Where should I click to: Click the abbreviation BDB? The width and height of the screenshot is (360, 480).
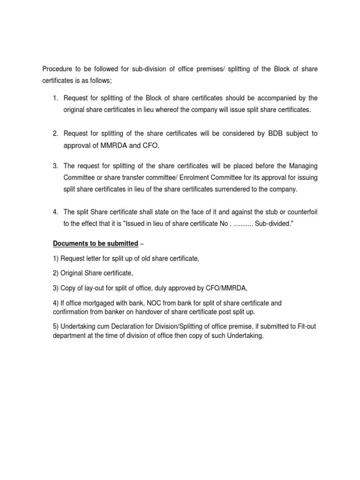click(x=276, y=134)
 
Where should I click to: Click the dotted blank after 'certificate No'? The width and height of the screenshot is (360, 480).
click(x=240, y=224)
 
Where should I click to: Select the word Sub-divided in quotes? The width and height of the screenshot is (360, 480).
click(x=274, y=224)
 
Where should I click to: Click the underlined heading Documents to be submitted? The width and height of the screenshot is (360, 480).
click(x=95, y=244)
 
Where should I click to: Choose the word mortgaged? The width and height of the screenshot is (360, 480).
click(x=96, y=303)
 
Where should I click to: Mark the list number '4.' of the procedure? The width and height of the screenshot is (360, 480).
click(x=55, y=212)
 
